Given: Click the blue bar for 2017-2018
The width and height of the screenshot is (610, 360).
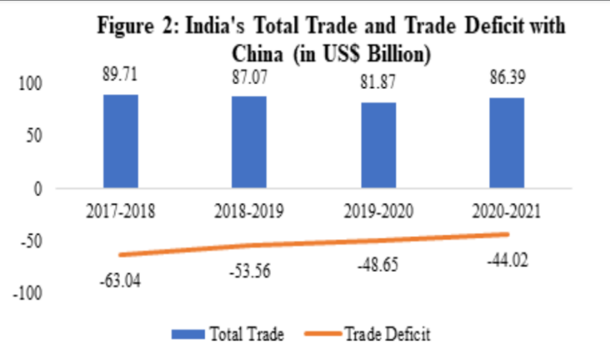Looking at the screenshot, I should (121, 141).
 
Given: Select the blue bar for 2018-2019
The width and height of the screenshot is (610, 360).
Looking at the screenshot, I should (249, 142).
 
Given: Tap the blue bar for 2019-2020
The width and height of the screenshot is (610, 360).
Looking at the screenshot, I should (379, 145).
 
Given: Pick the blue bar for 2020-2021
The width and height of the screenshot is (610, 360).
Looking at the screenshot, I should (507, 143).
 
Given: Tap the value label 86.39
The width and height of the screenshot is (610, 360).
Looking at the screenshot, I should (507, 80).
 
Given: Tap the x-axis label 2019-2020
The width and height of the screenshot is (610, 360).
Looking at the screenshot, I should (378, 212).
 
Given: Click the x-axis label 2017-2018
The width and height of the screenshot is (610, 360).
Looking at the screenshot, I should (121, 212).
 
